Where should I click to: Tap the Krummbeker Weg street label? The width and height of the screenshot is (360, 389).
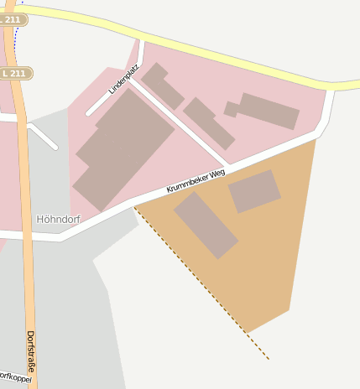(196, 181)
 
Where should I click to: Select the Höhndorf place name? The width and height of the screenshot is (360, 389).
(57, 219)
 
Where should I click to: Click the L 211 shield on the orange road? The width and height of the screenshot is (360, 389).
(16, 74)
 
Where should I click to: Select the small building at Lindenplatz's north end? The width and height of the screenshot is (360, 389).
(162, 86)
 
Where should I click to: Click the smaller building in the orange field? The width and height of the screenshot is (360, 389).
(254, 190)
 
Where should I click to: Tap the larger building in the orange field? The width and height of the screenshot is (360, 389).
(206, 224)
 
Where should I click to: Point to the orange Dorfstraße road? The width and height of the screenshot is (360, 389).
(27, 277)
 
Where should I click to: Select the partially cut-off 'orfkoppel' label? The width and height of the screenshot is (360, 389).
(14, 377)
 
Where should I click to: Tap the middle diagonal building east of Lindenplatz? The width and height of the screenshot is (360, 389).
(209, 122)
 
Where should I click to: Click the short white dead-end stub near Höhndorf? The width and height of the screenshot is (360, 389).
(44, 137)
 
